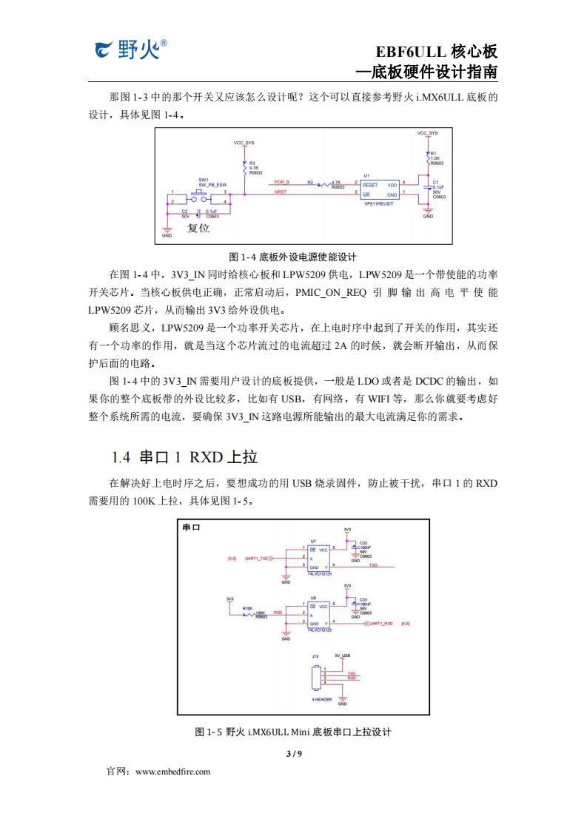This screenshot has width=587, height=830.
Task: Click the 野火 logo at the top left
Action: (x=130, y=50)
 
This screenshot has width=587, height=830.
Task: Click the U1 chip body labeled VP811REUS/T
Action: (x=379, y=189)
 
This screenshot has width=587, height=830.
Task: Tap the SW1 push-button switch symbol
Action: (x=199, y=197)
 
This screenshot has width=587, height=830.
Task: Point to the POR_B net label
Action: (x=282, y=181)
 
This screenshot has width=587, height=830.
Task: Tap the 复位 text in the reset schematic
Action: (x=198, y=229)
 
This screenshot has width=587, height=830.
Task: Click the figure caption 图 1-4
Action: (x=293, y=257)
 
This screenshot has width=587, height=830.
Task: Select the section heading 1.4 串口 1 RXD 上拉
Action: (x=184, y=456)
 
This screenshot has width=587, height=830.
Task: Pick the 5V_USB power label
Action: (x=342, y=655)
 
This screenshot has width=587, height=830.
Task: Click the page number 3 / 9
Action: (x=294, y=753)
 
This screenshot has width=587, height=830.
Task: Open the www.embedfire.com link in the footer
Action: (x=172, y=771)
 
